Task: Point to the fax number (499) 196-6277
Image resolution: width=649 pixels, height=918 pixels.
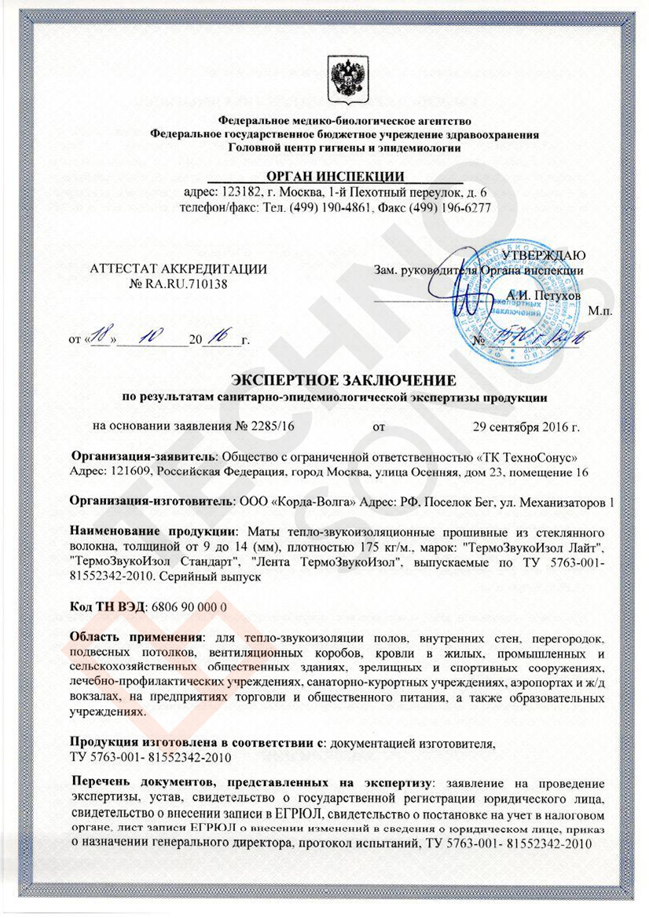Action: click(446, 207)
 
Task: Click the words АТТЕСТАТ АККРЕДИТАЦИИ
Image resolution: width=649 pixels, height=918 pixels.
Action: click(179, 269)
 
